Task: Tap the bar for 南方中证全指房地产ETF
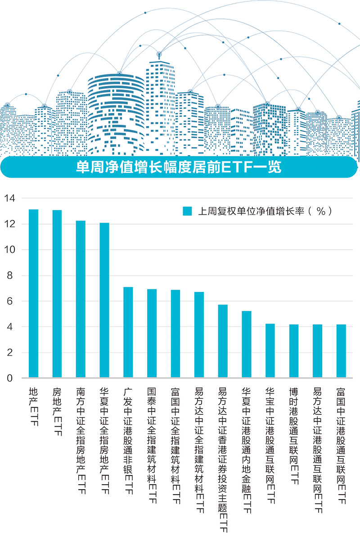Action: coord(81,299)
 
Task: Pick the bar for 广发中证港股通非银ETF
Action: coord(128,333)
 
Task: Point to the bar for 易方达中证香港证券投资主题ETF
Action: coord(223,341)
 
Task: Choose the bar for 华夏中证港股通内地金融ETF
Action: coord(246,344)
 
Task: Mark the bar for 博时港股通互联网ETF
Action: coord(294,351)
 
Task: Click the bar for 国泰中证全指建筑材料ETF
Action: coord(152,333)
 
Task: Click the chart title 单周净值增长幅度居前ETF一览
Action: coord(179,167)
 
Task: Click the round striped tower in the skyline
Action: coord(116,112)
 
